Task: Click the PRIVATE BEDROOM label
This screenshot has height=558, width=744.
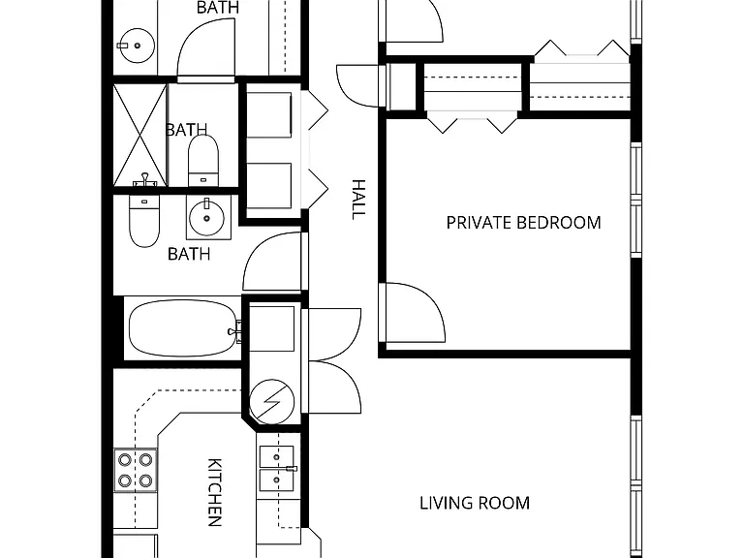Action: coord(523,223)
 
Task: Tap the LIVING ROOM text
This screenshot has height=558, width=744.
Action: coord(475,503)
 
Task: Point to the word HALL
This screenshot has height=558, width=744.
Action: coord(358,200)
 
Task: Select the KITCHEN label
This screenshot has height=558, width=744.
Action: coord(215,492)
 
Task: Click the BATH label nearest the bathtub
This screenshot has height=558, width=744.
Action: coord(189,254)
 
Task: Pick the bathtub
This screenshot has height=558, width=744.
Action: coord(183,328)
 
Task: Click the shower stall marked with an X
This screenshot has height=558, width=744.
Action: coord(139,136)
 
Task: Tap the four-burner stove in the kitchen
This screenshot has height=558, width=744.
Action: coord(136,471)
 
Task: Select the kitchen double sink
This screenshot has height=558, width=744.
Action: coord(277,469)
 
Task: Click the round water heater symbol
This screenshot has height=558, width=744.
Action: coord(271,401)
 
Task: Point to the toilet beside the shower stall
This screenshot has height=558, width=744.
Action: coord(203,161)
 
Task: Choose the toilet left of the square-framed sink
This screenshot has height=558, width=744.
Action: coord(144,222)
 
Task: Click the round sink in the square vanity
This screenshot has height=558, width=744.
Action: coord(206,218)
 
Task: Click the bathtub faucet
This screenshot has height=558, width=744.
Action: coord(233,330)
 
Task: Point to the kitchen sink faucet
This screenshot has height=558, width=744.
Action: coord(291,469)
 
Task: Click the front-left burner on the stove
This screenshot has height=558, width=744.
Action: coord(125,480)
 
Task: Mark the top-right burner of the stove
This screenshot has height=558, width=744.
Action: coord(145,460)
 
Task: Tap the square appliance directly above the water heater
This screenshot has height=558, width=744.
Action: coord(271,328)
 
